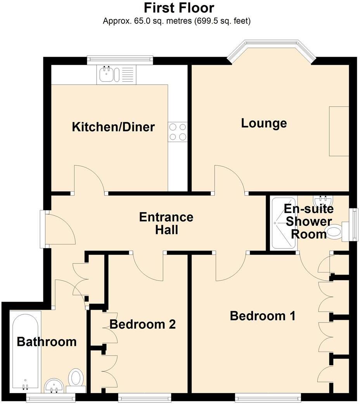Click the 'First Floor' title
click(x=179, y=8)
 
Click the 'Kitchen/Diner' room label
click(x=113, y=127)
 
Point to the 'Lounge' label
click(x=264, y=123)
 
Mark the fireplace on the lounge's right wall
click(x=338, y=131)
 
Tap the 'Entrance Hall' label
click(x=166, y=223)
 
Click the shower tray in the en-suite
click(x=284, y=223)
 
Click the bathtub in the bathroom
click(x=25, y=351)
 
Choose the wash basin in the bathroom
click(x=54, y=385)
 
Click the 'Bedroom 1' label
click(x=263, y=316)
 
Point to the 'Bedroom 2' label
click(x=142, y=324)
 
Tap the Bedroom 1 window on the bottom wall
click(x=268, y=396)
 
